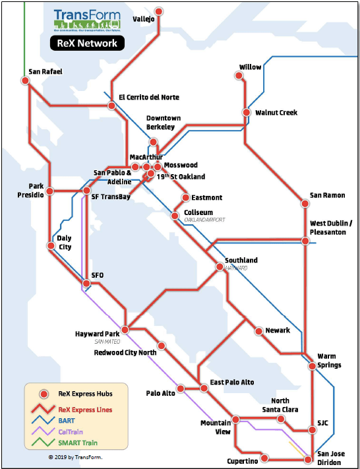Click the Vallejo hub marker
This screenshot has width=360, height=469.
tap(159, 11)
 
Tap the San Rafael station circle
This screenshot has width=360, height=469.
tap(26, 80)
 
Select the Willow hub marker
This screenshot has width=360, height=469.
tap(240, 75)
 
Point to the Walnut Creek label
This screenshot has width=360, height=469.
tap(276, 113)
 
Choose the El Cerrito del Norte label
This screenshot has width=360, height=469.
tap(148, 98)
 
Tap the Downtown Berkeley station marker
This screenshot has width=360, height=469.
tap(154, 142)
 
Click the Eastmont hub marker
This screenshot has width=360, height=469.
tap(185, 197)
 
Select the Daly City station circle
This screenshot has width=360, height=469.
tap(51, 245)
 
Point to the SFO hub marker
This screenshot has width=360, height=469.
tap(86, 284)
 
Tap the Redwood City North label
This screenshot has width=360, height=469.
tap(125, 353)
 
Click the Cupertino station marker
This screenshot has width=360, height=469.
tap(264, 458)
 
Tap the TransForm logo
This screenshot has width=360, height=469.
tap(87, 19)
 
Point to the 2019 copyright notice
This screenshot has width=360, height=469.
tap(75, 456)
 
